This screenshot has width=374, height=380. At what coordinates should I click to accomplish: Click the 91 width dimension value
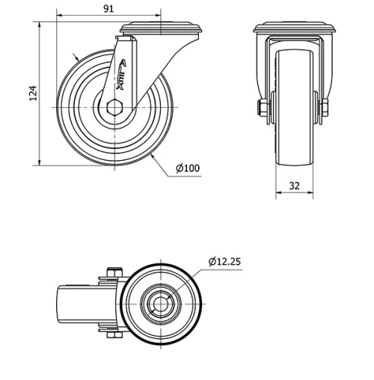tap(108, 8)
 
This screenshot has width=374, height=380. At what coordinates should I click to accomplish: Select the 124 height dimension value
tap(32, 93)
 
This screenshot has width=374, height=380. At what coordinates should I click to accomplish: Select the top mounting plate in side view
tap(161, 28)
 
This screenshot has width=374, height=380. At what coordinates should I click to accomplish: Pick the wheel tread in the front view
tap(293, 105)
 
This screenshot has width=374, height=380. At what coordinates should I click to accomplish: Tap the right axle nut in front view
tap(325, 109)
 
